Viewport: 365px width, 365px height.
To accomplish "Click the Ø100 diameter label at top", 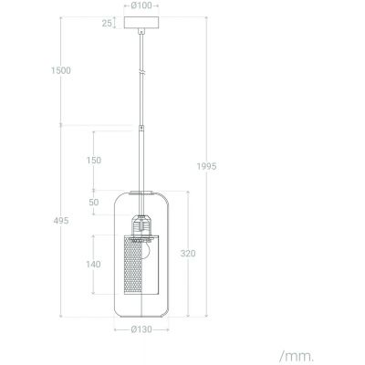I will pyautogui.click(x=141, y=5).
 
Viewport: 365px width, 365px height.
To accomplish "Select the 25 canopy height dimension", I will pyautogui.click(x=108, y=22).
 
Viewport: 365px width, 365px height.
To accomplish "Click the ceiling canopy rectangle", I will pyautogui.click(x=141, y=22).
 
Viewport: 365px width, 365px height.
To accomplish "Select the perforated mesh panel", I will pyautogui.click(x=141, y=264).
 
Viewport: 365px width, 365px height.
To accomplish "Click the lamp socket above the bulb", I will pyautogui.click(x=141, y=224).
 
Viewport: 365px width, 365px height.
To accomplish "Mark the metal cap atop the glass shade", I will pyautogui.click(x=141, y=193).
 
